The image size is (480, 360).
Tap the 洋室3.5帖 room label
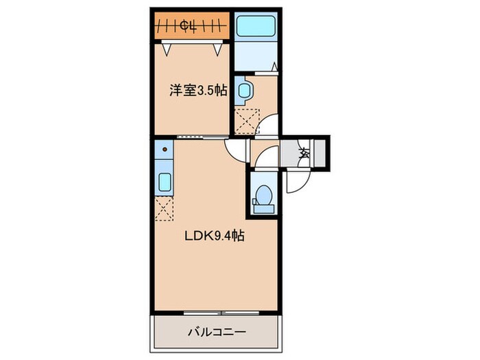[198, 90]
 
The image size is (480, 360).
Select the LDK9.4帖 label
[213, 236]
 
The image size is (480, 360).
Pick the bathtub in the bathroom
[254, 27]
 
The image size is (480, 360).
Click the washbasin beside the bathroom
[243, 91]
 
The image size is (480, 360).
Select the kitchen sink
[165, 182]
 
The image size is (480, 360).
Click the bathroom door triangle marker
[272, 67]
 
